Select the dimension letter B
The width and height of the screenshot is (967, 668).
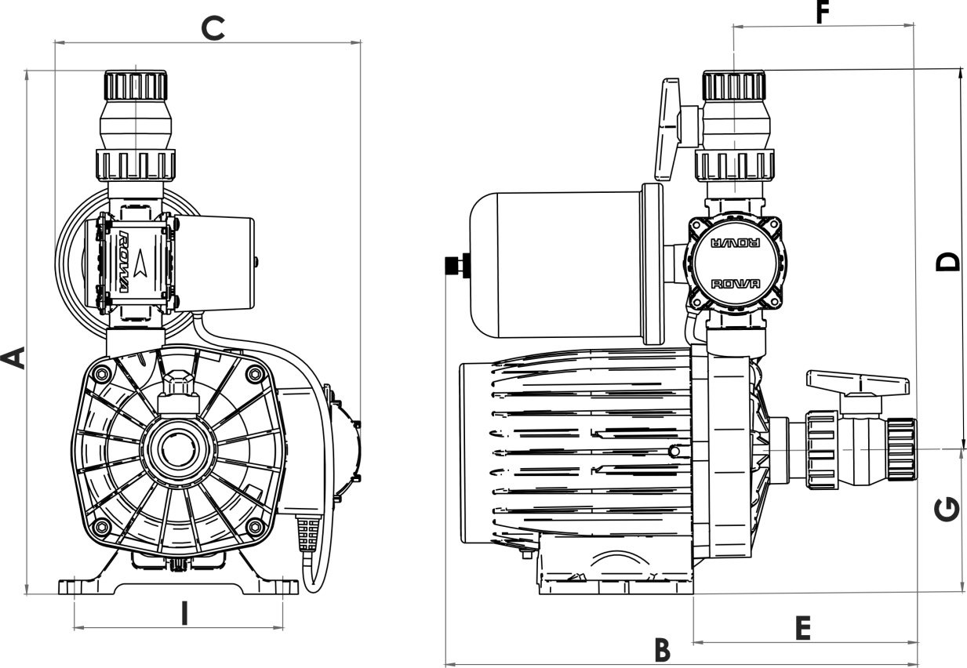click(663, 649)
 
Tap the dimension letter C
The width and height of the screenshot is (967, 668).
click(213, 28)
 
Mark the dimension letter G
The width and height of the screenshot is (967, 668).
click(948, 510)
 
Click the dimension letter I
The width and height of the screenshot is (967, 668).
click(184, 613)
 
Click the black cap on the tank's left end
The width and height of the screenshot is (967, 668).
click(453, 266)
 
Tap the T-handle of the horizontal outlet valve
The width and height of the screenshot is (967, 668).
click(857, 383)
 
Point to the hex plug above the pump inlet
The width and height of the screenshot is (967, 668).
click(179, 386)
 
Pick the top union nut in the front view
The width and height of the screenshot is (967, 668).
click(136, 85)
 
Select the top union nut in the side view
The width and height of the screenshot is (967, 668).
click(733, 85)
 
